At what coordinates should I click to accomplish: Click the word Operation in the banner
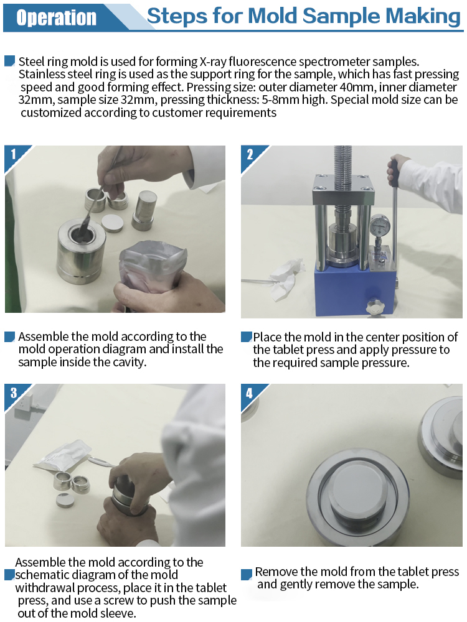coord(57,18)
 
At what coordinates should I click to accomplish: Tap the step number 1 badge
coord(14,154)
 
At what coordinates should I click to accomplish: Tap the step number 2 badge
coord(250,154)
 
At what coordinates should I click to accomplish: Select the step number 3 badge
coord(14,392)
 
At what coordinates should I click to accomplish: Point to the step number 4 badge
coord(250,393)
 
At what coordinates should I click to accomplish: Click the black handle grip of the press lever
coord(394,173)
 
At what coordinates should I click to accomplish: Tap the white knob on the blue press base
coord(375,307)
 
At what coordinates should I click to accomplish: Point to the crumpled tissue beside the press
coord(286,277)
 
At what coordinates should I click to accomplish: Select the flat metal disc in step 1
coord(112,223)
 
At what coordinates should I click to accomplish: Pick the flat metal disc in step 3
coord(64,501)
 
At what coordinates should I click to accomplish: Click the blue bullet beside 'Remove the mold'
coord(247,574)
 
